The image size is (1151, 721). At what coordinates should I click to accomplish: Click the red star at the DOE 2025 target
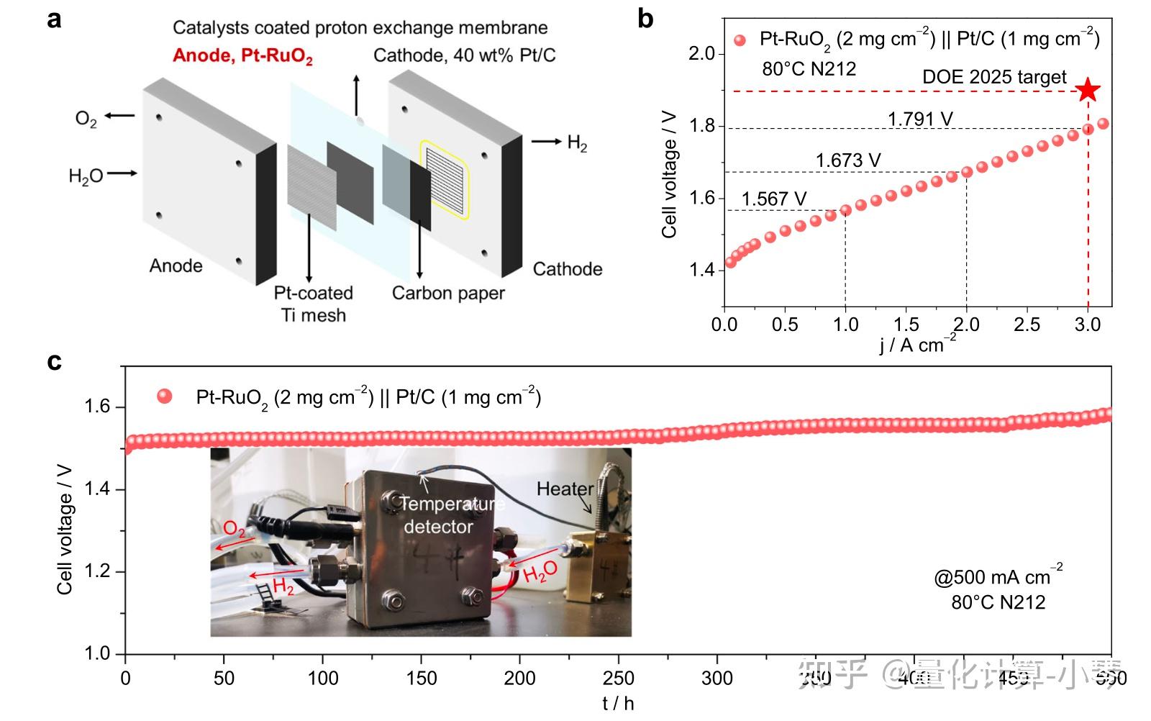point(1088,91)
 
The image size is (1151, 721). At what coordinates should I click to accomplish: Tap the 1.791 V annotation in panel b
point(920,119)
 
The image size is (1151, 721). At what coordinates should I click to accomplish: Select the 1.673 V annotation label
point(847,160)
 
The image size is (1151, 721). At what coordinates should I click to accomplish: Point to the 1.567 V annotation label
point(773,199)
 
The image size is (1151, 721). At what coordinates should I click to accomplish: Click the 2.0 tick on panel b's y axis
point(701,54)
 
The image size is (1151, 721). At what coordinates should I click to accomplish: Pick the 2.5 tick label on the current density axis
point(1027,325)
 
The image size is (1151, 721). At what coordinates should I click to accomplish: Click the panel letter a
point(54,20)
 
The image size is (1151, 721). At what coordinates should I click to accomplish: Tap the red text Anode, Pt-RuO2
point(242,56)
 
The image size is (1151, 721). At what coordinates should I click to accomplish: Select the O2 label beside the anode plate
point(86,118)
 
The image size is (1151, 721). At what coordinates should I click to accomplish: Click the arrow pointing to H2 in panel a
point(547,142)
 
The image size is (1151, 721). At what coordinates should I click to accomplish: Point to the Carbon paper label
point(448,294)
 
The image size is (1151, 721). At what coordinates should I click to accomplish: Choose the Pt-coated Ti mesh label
point(313,304)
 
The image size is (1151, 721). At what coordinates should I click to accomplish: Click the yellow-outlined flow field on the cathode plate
point(445,180)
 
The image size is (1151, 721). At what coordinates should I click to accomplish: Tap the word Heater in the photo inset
point(565,489)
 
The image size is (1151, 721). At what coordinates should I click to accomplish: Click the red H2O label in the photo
point(540,573)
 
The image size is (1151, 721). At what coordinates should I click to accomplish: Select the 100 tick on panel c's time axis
point(322,678)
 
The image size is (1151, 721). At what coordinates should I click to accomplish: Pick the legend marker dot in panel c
point(165,396)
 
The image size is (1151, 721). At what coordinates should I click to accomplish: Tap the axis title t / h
point(618,704)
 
